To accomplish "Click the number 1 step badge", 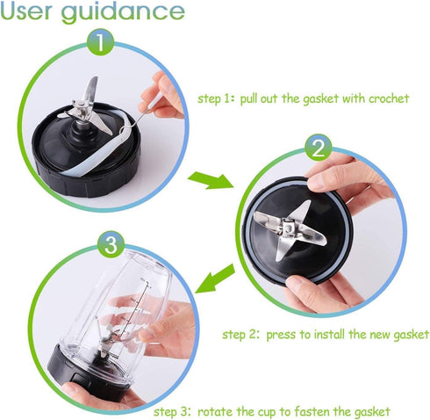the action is [100, 42].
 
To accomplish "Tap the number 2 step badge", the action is [319, 148].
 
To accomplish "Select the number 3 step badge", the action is [111, 244].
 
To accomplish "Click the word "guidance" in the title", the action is [123, 12].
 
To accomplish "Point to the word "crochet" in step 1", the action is [389, 98].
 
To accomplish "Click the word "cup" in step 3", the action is [267, 412].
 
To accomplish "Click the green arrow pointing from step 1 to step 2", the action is [211, 180].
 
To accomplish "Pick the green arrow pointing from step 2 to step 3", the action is [215, 278].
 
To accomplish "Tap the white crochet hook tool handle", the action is [152, 104].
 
